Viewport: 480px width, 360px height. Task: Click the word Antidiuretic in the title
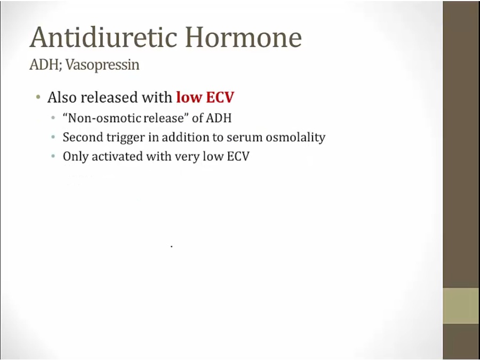click(103, 37)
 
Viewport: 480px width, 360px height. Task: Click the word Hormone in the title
click(244, 37)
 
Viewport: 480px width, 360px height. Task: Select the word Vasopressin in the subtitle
click(102, 65)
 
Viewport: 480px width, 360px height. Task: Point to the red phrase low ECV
click(205, 97)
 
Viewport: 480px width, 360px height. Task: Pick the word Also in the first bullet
click(62, 98)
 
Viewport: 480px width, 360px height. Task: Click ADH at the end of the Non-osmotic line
click(219, 118)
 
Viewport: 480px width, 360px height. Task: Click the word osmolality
click(295, 138)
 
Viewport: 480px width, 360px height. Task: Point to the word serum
click(245, 138)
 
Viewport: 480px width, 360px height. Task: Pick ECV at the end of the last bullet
click(238, 156)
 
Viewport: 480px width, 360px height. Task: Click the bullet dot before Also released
click(38, 98)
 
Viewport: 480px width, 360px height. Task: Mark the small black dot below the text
click(171, 246)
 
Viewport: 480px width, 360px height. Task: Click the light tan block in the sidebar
click(461, 306)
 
